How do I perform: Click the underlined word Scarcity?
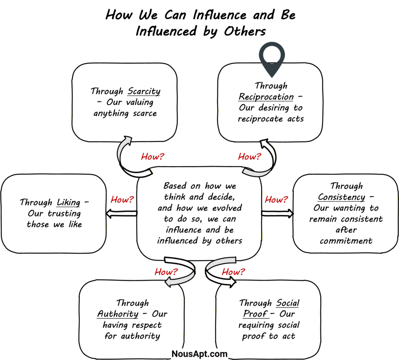pyautogui.click(x=144, y=91)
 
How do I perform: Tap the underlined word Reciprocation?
pyautogui.click(x=266, y=97)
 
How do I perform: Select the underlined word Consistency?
pyautogui.click(x=342, y=197)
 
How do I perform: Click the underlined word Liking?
pyautogui.click(x=68, y=202)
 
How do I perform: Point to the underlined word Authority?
pyautogui.click(x=118, y=314)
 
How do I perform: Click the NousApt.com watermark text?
pyautogui.click(x=199, y=353)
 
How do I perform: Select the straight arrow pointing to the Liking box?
pyautogui.click(x=121, y=213)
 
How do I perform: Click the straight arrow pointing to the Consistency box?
pyautogui.click(x=277, y=213)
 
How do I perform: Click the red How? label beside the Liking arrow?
pyautogui.click(x=122, y=199)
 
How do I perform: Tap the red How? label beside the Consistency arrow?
pyautogui.click(x=276, y=199)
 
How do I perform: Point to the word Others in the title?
pyautogui.click(x=244, y=32)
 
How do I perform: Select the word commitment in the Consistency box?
pyautogui.click(x=346, y=241)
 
